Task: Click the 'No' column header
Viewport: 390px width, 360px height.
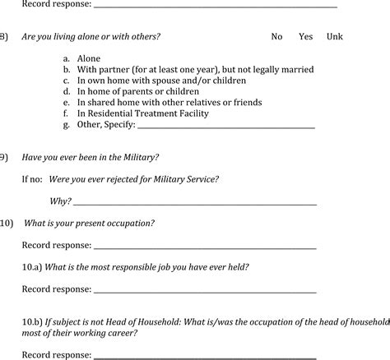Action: coord(277,37)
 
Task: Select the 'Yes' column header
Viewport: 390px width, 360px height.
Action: coord(306,37)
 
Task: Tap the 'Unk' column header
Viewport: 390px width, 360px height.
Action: coord(335,37)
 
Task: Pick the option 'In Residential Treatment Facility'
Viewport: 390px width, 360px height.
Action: coord(142,113)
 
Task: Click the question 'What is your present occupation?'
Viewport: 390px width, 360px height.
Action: coord(90,223)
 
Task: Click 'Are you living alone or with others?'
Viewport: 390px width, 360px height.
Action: coord(91,37)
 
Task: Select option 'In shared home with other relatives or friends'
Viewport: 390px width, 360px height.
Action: coord(169,103)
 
